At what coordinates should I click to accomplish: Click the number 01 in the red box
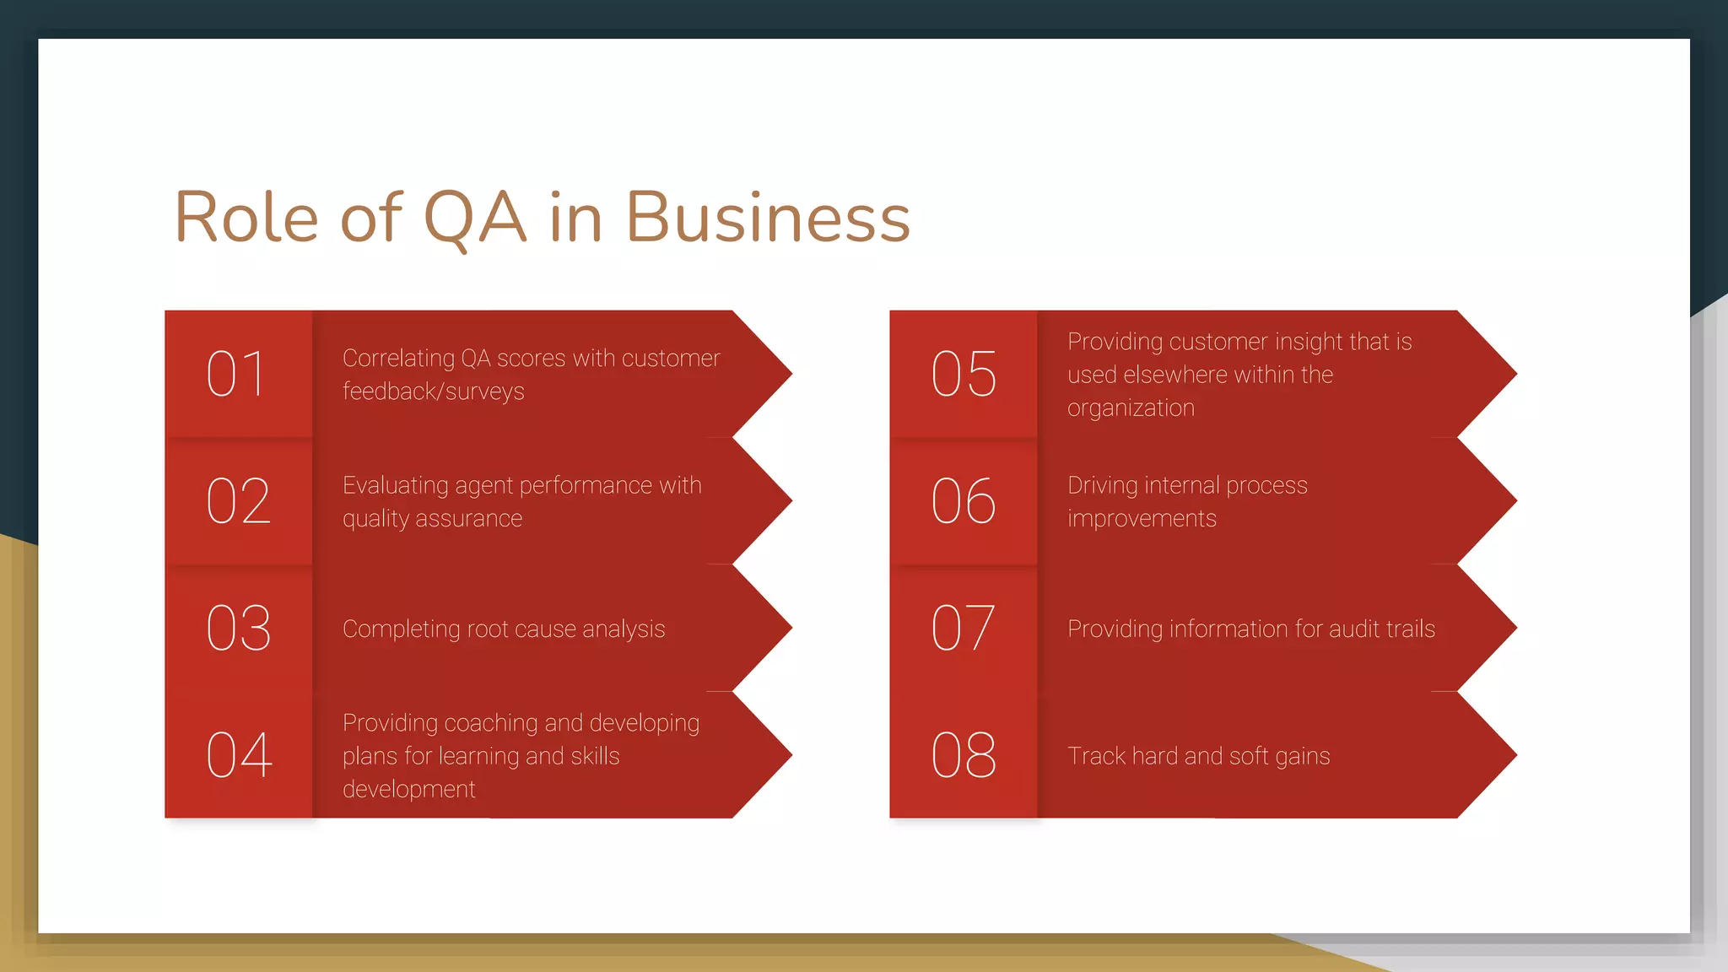[x=237, y=374]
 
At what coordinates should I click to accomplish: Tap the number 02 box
[x=239, y=501]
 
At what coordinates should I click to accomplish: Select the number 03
[x=239, y=629]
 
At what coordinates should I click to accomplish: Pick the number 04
[x=240, y=755]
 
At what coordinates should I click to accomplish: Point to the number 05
[x=964, y=374]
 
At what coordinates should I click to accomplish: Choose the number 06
[x=964, y=501]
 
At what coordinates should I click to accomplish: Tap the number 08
[x=964, y=755]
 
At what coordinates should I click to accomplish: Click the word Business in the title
[x=767, y=218]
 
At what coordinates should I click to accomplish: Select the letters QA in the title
[x=475, y=218]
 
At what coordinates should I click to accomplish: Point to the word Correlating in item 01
[x=398, y=359]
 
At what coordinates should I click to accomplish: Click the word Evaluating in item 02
[x=395, y=485]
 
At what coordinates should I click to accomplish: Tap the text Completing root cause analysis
[x=504, y=629]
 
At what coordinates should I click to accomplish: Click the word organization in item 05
[x=1131, y=408]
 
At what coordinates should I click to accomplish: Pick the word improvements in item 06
[x=1142, y=519]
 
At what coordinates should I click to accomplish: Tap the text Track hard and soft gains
[x=1198, y=756]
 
